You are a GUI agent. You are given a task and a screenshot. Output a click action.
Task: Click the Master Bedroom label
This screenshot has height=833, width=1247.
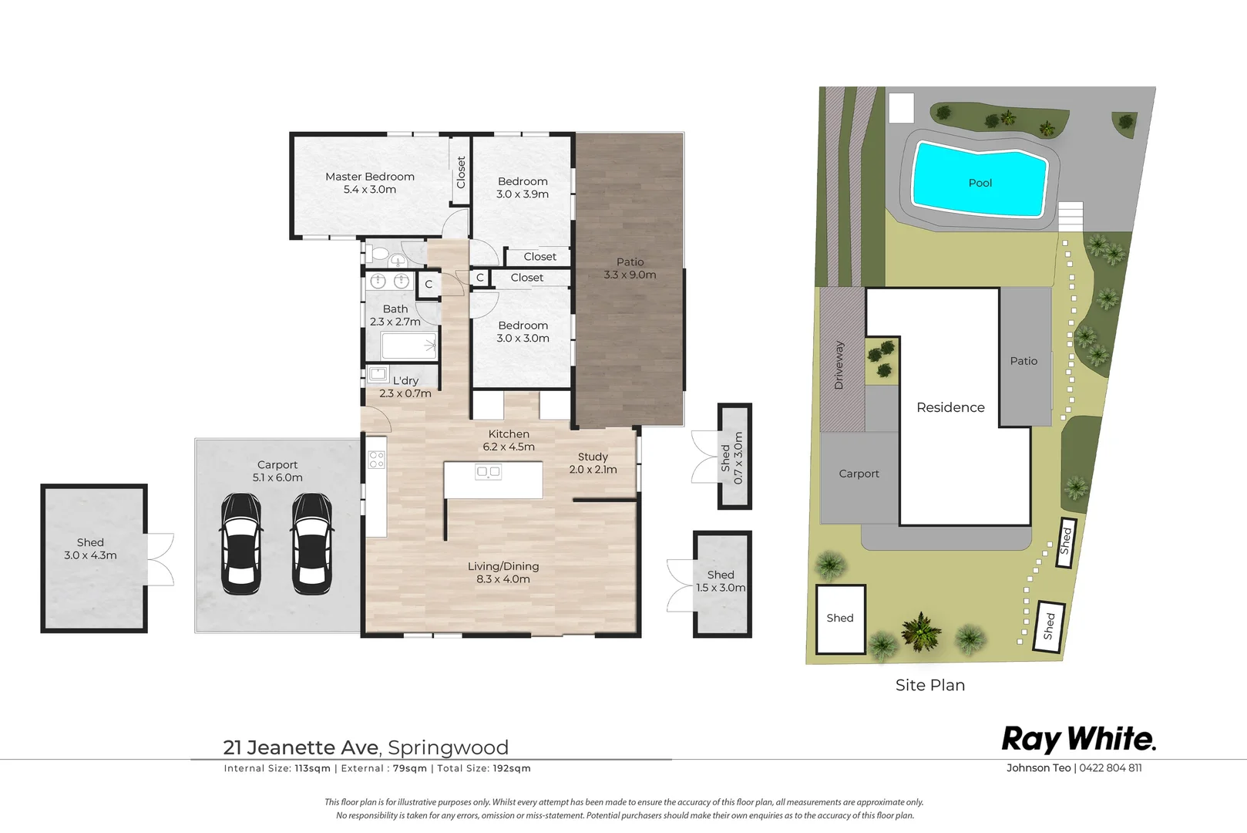pos(370,183)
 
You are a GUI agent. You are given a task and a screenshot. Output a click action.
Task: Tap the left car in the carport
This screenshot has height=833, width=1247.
pos(241,544)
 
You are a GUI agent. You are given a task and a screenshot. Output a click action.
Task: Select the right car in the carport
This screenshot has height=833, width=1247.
pos(312,544)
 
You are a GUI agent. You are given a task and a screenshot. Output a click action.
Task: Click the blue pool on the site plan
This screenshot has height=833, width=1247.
pos(980,180)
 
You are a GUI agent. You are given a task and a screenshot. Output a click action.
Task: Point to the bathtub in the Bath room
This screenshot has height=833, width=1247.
pos(409,346)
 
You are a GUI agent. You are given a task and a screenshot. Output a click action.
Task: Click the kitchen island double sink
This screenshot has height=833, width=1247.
pos(488,473)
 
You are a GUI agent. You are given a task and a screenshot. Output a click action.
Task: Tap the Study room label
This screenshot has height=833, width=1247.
pos(593,463)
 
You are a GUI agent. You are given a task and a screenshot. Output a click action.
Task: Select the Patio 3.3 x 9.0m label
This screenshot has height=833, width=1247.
pos(630,268)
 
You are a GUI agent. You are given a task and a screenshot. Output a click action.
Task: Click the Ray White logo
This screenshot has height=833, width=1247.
pos(1079,740)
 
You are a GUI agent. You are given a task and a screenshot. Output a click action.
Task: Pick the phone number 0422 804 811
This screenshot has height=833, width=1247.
pos(1111,767)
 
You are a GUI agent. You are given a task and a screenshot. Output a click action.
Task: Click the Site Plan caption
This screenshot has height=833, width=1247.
pos(930,685)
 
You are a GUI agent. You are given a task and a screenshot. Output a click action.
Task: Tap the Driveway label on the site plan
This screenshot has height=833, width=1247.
pos(839,365)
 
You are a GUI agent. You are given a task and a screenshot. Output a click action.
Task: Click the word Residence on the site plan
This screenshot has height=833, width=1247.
pos(950,407)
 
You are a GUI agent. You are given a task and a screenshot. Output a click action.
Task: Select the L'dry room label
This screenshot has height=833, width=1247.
pos(405,386)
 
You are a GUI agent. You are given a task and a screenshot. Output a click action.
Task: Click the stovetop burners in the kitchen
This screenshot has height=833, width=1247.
pos(377,459)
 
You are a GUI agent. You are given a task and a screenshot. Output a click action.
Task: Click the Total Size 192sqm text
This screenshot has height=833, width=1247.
pos(484,768)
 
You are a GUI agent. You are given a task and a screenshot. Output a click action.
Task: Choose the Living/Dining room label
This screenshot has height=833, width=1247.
pos(503,573)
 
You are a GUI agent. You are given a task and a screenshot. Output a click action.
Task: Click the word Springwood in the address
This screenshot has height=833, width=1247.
pos(448,747)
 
